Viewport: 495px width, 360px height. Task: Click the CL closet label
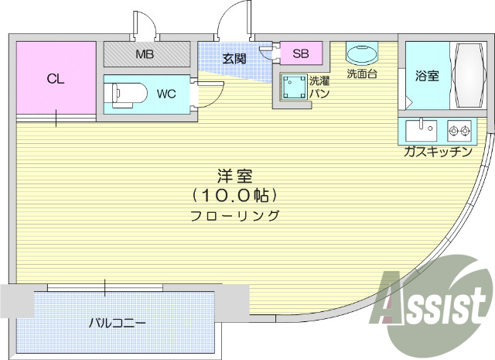tap(54, 78)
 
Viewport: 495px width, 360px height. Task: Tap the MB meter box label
tap(145, 54)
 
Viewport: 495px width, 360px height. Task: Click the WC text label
tap(166, 94)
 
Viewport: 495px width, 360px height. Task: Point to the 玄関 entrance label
tap(234, 58)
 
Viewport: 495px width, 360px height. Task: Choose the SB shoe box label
tap(301, 54)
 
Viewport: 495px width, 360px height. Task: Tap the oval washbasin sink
tap(360, 55)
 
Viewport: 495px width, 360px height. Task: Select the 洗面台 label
tap(360, 75)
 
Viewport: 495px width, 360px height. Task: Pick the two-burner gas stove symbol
tap(459, 129)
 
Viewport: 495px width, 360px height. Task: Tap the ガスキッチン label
tap(437, 152)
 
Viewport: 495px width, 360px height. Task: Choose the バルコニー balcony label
tap(117, 322)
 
